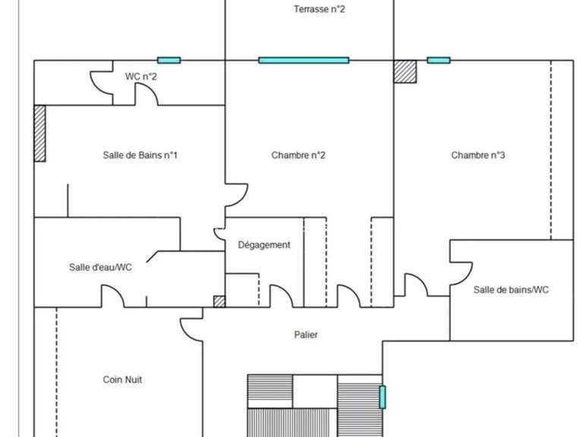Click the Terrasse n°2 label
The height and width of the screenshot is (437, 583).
click(x=320, y=10)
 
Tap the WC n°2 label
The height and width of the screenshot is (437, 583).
click(x=141, y=76)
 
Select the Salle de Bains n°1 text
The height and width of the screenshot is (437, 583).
click(x=140, y=156)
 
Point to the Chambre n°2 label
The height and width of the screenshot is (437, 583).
click(x=298, y=156)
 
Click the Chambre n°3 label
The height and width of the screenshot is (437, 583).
click(x=478, y=156)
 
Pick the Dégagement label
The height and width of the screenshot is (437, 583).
click(x=264, y=245)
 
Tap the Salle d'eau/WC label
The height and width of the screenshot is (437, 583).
click(x=101, y=267)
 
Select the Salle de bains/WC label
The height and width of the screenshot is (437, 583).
click(x=511, y=289)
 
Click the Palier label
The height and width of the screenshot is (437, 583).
click(x=306, y=335)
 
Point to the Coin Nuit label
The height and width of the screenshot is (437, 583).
click(x=123, y=379)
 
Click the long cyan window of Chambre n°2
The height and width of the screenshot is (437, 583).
click(x=304, y=60)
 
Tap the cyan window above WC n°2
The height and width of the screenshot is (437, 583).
click(x=169, y=60)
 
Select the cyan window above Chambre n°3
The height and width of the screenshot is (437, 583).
click(x=438, y=60)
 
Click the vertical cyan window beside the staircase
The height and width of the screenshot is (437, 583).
click(x=383, y=396)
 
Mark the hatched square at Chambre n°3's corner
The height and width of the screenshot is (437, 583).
click(x=405, y=71)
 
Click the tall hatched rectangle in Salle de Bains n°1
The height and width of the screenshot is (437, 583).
click(x=39, y=133)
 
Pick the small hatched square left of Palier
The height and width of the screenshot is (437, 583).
click(x=219, y=301)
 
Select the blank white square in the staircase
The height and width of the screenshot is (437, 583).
click(x=314, y=391)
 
